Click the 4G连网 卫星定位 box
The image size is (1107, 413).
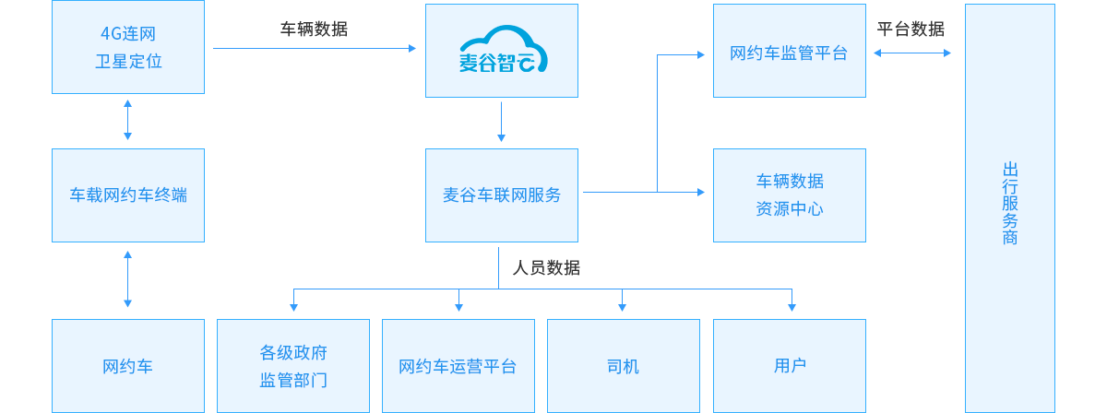point(127,49)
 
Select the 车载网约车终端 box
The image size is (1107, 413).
point(127,195)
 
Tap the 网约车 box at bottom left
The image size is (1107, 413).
point(127,366)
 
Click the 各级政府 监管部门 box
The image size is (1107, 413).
point(293,366)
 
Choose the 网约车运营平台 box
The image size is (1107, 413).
point(458,366)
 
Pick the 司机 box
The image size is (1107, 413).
point(623,366)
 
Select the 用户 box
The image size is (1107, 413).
point(789,366)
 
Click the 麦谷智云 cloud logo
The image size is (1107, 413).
point(502,51)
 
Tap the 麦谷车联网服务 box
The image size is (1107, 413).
point(502,195)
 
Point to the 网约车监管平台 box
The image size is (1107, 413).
point(789,53)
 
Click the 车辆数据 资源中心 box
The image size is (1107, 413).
point(789,195)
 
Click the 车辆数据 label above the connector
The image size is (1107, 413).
point(314,29)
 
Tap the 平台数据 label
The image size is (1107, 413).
point(911,29)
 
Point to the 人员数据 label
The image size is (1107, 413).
point(546,268)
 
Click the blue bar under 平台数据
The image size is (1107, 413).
point(911,53)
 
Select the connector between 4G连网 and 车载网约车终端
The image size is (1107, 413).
point(127,119)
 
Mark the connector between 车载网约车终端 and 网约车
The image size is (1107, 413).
point(127,278)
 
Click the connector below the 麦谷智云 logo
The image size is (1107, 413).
point(501,122)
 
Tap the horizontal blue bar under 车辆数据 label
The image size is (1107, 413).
point(314,48)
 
